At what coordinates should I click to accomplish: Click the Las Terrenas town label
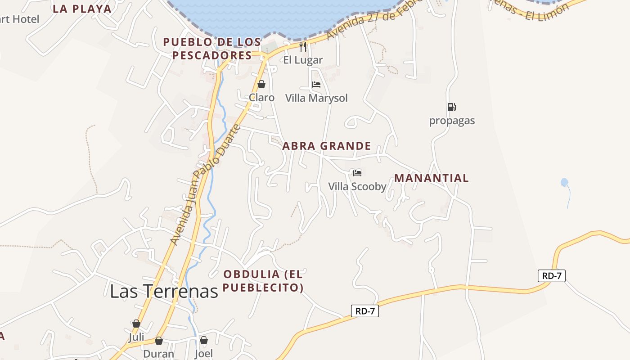tap(164, 291)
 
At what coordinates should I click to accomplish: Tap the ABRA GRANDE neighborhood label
tap(327, 146)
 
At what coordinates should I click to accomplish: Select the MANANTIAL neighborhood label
tap(432, 178)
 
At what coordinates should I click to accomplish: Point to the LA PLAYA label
tap(82, 9)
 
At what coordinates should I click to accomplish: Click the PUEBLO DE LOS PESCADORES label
tap(212, 49)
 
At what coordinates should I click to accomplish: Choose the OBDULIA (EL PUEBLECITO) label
tap(263, 280)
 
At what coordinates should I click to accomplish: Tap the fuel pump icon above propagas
tap(452, 107)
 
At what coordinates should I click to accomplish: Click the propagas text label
tap(452, 121)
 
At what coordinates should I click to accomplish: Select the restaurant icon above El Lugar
tap(303, 46)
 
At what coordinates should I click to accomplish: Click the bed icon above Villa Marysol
tap(316, 85)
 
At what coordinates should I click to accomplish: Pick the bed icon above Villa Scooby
tap(357, 173)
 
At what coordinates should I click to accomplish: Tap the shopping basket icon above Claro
tap(261, 84)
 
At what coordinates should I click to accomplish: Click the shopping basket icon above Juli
tap(136, 324)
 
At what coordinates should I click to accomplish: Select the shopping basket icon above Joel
tap(204, 340)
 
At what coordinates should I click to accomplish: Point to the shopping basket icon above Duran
tap(158, 341)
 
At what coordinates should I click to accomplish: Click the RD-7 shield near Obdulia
tap(364, 310)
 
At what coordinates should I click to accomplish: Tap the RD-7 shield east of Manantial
tap(551, 276)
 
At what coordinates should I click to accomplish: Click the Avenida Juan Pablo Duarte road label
tap(205, 185)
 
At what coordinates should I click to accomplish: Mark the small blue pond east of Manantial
tap(564, 182)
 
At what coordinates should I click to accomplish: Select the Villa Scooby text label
tap(357, 186)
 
